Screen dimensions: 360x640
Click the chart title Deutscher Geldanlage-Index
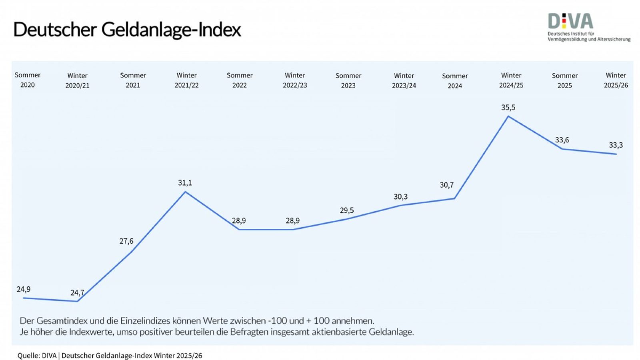(x=127, y=30)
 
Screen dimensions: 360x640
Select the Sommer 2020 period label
(x=28, y=80)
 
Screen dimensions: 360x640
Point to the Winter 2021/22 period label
(x=186, y=80)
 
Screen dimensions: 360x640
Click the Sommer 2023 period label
(x=348, y=80)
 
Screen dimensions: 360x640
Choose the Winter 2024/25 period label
(x=511, y=80)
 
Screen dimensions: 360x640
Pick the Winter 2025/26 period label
(x=616, y=80)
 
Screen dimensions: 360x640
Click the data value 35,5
(x=508, y=108)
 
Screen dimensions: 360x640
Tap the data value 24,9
(x=24, y=289)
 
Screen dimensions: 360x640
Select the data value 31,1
(x=185, y=183)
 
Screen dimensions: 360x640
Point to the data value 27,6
(x=126, y=241)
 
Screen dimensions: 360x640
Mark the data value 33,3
(x=616, y=145)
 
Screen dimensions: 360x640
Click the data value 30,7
(x=446, y=185)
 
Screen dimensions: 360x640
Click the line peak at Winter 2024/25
(x=508, y=116)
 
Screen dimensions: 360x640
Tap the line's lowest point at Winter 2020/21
(x=77, y=301)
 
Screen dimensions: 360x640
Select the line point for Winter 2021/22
(x=185, y=192)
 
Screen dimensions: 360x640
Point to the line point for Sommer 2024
(x=454, y=198)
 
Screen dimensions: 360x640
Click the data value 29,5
(x=347, y=210)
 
